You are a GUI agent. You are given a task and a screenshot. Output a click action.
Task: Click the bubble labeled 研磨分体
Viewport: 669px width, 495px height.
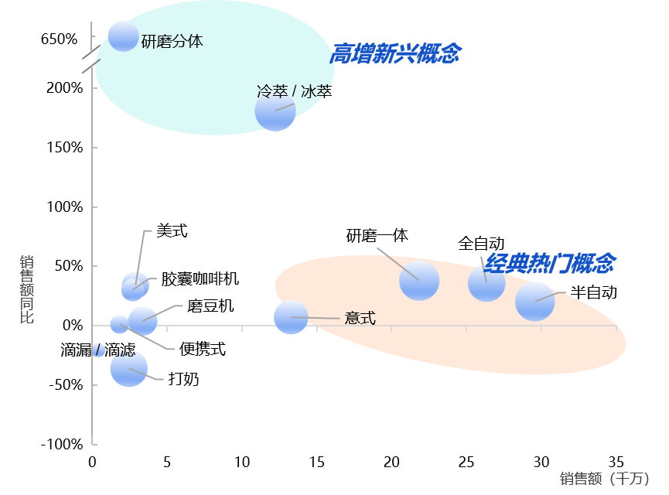(123, 36)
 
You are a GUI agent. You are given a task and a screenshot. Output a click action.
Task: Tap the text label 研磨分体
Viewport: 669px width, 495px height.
(172, 42)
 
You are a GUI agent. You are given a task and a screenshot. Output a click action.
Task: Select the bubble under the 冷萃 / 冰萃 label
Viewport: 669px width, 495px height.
(275, 111)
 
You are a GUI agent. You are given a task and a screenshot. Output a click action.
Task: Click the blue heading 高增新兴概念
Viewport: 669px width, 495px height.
(395, 53)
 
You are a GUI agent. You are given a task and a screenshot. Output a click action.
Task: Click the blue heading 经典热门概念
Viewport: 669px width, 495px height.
(549, 263)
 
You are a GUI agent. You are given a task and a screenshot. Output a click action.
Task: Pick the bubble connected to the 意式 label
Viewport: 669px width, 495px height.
(291, 317)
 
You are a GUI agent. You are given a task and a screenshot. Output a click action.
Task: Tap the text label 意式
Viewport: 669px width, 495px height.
(360, 318)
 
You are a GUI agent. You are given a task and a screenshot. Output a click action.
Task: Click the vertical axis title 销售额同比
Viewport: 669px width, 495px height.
(27, 289)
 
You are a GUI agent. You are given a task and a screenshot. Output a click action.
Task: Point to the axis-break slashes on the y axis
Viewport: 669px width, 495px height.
(92, 60)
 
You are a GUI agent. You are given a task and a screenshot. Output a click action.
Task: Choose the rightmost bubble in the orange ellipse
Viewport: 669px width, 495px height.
(534, 301)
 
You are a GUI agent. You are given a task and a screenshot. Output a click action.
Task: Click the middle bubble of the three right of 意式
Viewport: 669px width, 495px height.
(486, 283)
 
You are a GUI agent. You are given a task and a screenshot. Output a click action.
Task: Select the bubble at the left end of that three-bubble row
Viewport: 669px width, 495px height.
(419, 280)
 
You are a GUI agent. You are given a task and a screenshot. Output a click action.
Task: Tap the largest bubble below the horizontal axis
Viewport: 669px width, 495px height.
(129, 368)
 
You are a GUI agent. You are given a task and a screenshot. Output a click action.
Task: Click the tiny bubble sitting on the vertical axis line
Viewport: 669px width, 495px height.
(98, 350)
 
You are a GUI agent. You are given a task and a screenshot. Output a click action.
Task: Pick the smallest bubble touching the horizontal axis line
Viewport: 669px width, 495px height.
(119, 324)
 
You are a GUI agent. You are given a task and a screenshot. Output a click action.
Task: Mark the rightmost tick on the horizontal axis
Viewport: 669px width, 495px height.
(616, 329)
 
